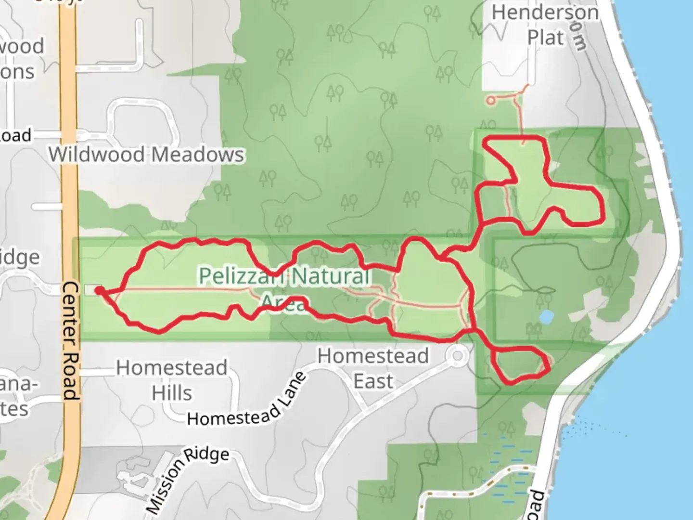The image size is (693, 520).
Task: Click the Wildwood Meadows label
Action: click(x=146, y=155)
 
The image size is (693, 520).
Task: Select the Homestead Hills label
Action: click(x=172, y=380)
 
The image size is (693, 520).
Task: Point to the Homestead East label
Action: click(x=373, y=368)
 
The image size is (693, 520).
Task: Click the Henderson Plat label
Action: click(x=545, y=25)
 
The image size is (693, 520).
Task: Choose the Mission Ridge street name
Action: click(x=188, y=479)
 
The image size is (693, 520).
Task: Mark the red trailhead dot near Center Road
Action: click(x=99, y=290)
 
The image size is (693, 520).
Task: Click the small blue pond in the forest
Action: click(x=546, y=317)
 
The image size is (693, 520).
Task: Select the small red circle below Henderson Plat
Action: click(x=490, y=101)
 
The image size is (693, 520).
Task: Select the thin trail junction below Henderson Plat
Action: click(x=518, y=99)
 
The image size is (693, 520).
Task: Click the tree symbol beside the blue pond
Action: click(x=533, y=329)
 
